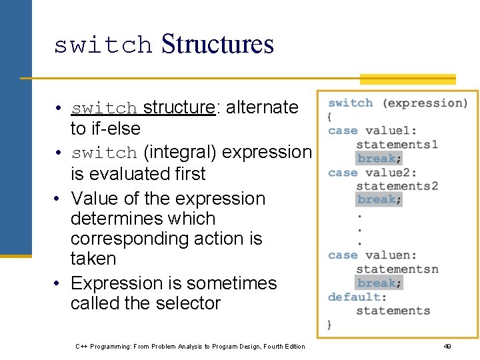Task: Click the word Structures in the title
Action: [x=217, y=44]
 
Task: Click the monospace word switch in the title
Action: [x=103, y=45]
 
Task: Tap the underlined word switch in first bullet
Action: [x=104, y=107]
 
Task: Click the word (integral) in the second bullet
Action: [x=179, y=152]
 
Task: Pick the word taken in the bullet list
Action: [x=93, y=259]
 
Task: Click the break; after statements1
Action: [x=379, y=159]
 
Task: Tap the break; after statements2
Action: [x=379, y=199]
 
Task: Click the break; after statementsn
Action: [x=379, y=283]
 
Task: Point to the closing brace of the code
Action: [x=329, y=324]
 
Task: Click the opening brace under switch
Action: [x=329, y=117]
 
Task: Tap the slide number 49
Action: [x=447, y=347]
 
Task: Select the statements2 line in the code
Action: [x=397, y=185]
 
